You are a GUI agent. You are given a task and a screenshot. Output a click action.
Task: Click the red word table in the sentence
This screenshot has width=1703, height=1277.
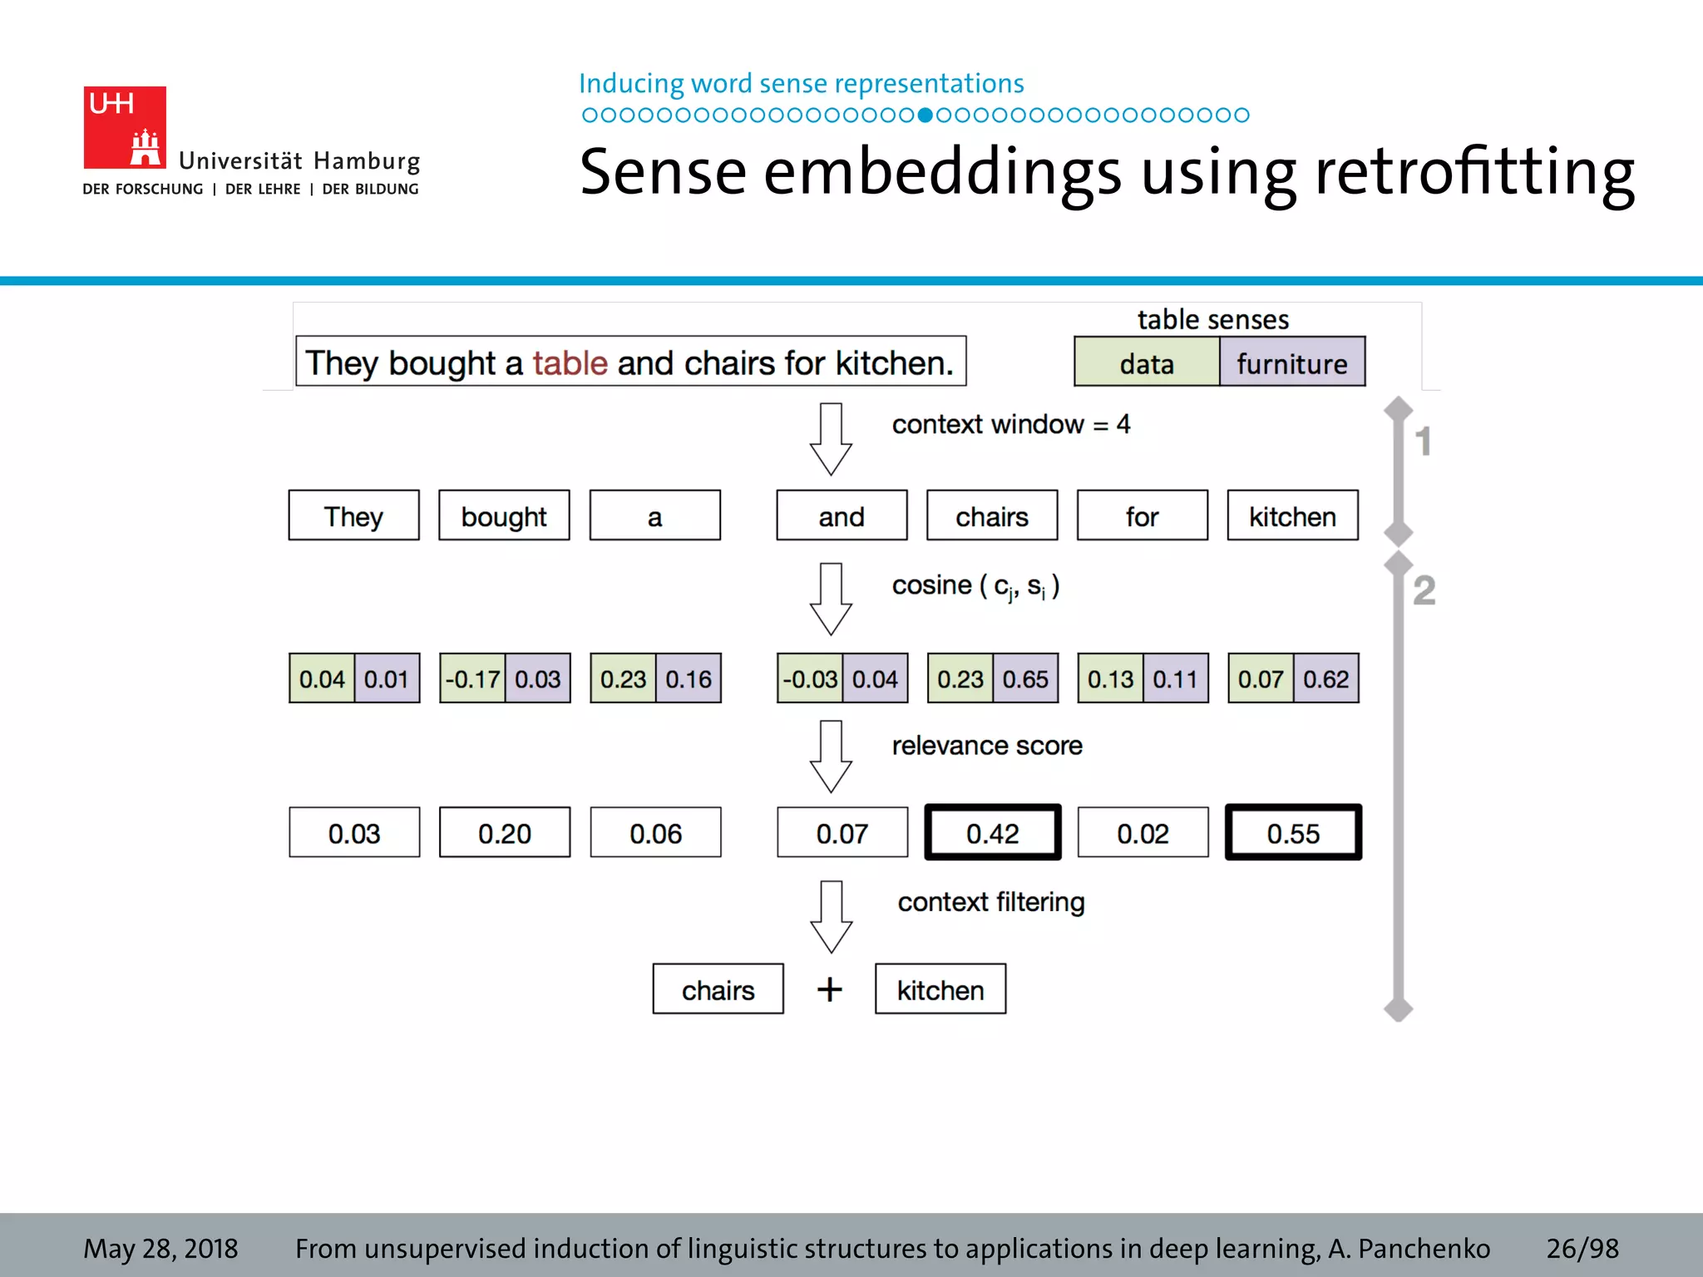(x=570, y=363)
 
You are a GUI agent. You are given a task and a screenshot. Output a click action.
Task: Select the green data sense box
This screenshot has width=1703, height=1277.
(x=1146, y=362)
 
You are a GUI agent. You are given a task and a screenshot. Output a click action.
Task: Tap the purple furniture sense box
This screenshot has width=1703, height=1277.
(x=1291, y=362)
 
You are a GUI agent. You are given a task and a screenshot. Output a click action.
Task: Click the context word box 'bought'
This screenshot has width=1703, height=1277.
(x=504, y=516)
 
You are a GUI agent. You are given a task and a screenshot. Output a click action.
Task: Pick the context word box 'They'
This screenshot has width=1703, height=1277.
(x=353, y=516)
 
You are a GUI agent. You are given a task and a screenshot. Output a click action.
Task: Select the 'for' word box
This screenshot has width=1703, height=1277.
(x=1142, y=516)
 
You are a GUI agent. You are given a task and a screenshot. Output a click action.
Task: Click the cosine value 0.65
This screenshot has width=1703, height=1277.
(x=1025, y=679)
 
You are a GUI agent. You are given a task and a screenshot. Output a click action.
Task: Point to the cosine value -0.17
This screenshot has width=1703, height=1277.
(x=472, y=679)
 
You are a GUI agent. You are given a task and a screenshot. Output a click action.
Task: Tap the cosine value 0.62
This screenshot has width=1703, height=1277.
(x=1325, y=679)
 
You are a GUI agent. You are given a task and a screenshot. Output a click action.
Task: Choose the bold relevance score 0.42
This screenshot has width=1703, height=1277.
(x=992, y=833)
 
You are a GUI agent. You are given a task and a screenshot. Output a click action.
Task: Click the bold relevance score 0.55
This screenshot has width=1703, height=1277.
(x=1293, y=833)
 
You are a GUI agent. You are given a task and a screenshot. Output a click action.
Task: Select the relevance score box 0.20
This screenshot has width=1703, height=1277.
(x=504, y=833)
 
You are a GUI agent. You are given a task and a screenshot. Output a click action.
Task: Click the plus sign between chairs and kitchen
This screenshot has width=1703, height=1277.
(x=829, y=989)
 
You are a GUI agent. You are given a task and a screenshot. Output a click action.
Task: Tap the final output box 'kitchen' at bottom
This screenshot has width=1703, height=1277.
(x=940, y=989)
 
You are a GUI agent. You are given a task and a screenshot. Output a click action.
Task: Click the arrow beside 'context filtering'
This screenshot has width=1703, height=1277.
(x=831, y=916)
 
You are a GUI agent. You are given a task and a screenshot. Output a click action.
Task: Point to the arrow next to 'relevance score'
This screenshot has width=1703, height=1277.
(x=831, y=757)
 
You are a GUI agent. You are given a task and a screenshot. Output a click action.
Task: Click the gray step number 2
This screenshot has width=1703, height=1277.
(x=1424, y=590)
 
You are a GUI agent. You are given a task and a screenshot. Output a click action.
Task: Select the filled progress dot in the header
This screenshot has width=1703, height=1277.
(x=925, y=115)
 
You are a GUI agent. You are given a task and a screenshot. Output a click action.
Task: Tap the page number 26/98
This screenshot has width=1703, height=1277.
(x=1582, y=1248)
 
